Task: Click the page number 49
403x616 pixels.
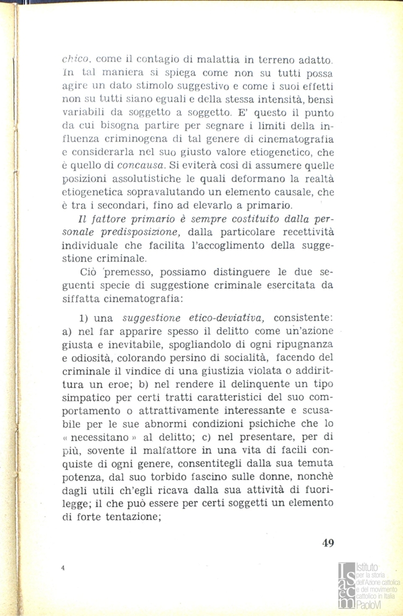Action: click(327, 542)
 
